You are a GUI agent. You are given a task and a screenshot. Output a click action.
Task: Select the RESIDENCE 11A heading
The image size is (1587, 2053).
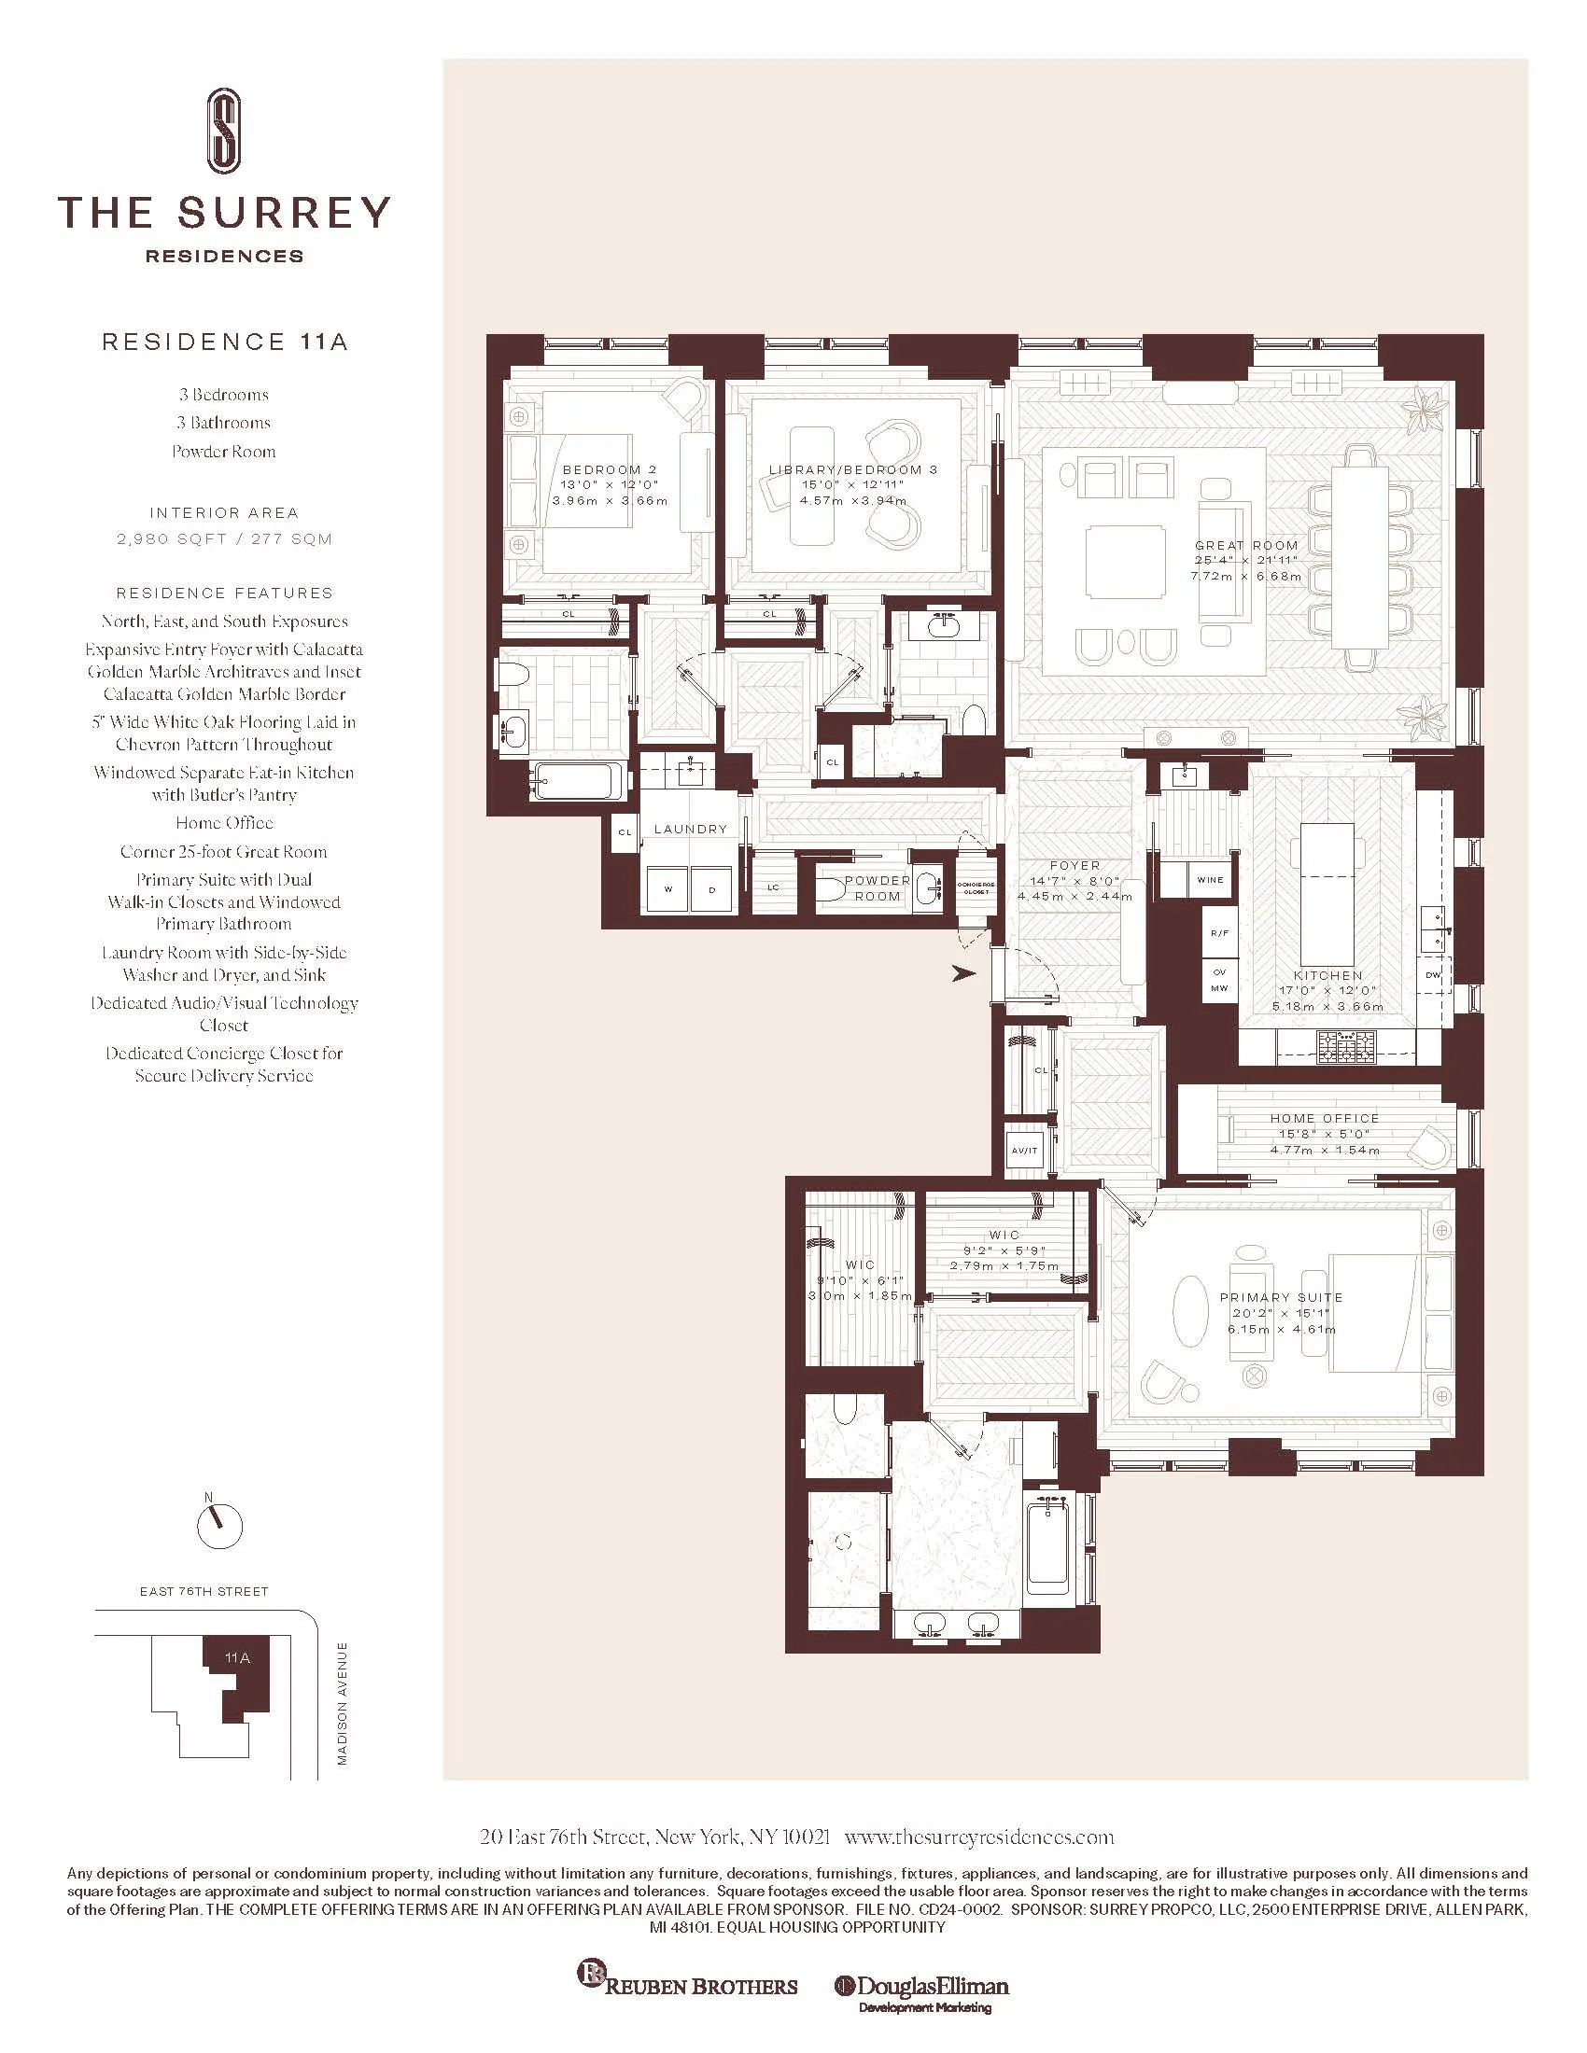pos(225,342)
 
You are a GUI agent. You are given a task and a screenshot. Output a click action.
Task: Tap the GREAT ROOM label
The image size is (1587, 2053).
pos(1245,545)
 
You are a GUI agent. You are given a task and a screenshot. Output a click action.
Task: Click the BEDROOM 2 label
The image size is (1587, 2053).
pos(610,470)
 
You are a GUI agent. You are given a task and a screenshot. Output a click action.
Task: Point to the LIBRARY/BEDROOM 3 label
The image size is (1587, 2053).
pos(852,470)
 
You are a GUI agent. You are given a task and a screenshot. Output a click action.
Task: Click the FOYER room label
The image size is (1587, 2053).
pos(1074,866)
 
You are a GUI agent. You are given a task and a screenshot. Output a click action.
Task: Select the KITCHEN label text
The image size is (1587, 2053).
pos(1327,976)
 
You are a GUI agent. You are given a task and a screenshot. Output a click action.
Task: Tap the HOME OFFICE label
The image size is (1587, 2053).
pos(1325,1119)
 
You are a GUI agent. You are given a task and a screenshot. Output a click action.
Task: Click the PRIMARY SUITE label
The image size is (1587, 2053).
pos(1282,1297)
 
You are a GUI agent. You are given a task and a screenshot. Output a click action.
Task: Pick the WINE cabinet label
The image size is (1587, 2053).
pos(1210,880)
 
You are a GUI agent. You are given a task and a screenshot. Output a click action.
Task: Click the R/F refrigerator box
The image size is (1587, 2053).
pos(1219,932)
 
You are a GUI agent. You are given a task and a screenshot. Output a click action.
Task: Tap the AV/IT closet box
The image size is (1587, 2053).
pos(1025,1150)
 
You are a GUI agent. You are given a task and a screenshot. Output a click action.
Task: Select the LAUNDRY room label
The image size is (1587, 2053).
pos(690,829)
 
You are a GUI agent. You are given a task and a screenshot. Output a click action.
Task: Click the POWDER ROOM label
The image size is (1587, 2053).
pos(878,888)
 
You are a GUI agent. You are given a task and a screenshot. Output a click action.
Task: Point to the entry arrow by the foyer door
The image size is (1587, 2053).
pos(963,974)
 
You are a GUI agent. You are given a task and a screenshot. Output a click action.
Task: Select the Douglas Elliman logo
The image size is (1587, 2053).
pos(921,1986)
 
